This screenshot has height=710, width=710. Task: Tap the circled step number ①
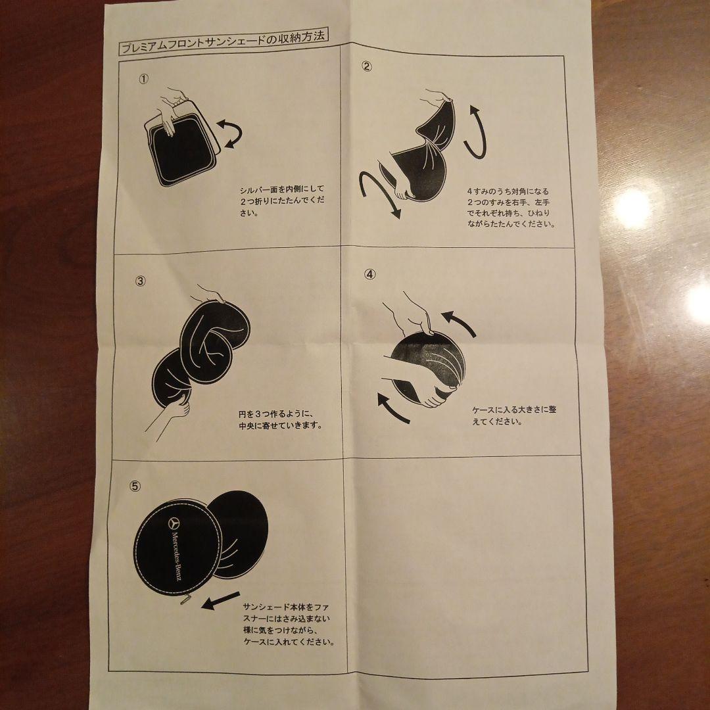144,78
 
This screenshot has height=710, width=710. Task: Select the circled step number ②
367,66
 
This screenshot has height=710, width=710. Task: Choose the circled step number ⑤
135,486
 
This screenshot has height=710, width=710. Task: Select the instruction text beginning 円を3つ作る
281,419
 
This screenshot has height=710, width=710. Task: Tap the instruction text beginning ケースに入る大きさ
513,415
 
